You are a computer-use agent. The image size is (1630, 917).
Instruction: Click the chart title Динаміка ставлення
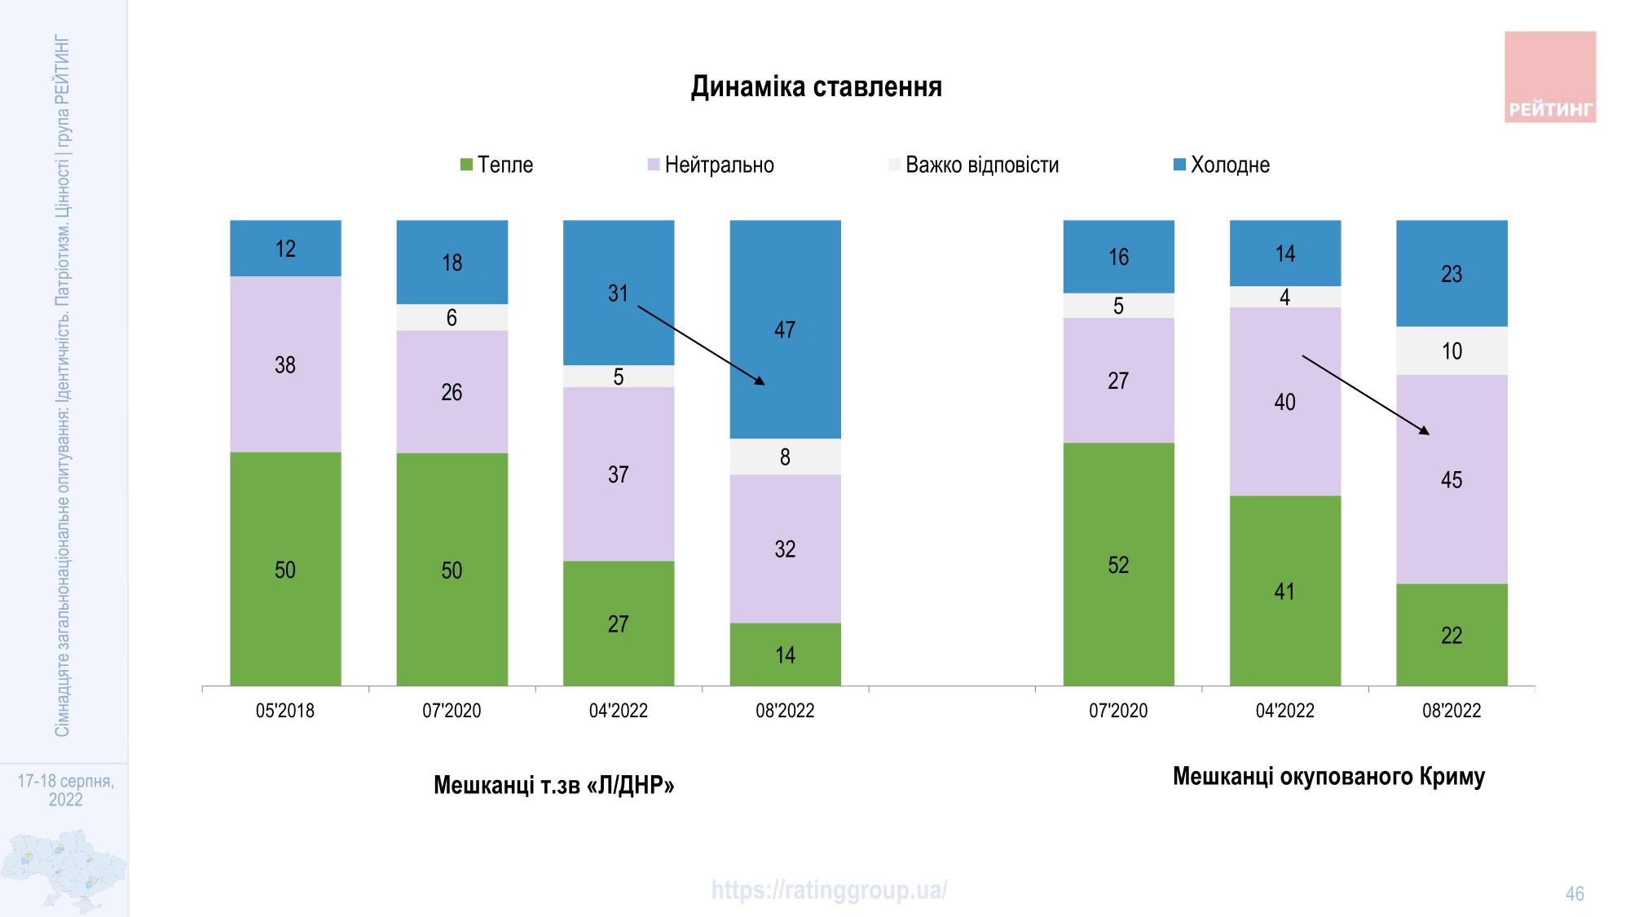tap(816, 87)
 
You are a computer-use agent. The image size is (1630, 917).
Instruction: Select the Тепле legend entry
tap(496, 165)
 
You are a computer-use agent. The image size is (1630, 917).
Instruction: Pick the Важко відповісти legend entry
tap(974, 165)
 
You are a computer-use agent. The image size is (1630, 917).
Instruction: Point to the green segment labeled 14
tap(785, 654)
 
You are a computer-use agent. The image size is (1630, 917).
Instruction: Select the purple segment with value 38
tap(285, 364)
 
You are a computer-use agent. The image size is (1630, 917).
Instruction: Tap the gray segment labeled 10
tap(1452, 351)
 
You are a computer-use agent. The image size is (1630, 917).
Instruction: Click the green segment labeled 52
tap(1118, 564)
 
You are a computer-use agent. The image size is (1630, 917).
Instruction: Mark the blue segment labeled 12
tap(285, 249)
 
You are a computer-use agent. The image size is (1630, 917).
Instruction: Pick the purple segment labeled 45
tap(1452, 479)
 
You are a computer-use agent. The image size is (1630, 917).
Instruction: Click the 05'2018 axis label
tap(285, 711)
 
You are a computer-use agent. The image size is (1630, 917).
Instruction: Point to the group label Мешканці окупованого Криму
tap(1328, 776)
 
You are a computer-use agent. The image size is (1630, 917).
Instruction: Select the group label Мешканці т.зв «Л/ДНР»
tap(554, 785)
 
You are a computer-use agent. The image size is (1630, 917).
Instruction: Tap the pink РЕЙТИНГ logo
tap(1549, 77)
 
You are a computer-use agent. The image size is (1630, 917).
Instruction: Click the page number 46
tap(1575, 894)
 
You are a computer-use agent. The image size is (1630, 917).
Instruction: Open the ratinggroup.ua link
tap(829, 890)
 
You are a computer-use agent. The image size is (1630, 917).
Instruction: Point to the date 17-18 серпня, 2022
tap(65, 790)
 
